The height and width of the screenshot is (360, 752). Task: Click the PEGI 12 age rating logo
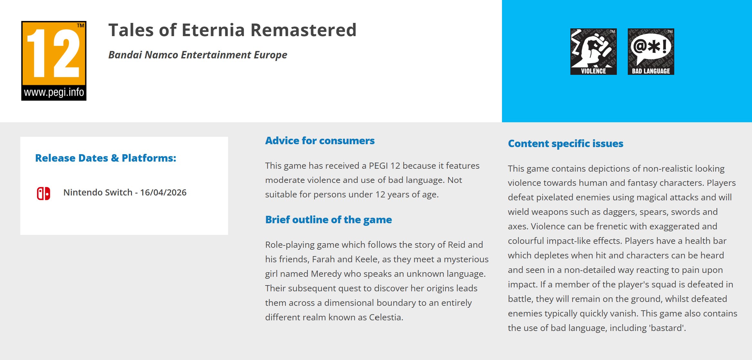pos(54,61)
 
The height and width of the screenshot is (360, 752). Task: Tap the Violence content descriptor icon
pos(593,52)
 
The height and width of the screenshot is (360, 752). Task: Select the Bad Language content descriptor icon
pos(651,52)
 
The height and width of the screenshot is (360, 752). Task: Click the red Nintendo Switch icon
pos(44,194)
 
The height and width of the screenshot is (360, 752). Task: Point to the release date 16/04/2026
pos(163,192)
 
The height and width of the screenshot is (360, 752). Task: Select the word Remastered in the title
pos(303,30)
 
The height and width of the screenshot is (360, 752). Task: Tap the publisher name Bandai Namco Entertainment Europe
pos(198,55)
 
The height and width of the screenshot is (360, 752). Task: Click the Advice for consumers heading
pos(320,141)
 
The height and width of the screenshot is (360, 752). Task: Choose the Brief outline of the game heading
pos(328,220)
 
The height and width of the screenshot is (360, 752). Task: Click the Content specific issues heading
pos(566,144)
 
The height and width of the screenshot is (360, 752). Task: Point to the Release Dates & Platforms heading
pos(105,158)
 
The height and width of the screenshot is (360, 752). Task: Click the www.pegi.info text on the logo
pos(54,93)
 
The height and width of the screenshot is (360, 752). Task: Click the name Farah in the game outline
pos(323,259)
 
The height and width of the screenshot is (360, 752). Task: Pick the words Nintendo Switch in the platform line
pos(98,192)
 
